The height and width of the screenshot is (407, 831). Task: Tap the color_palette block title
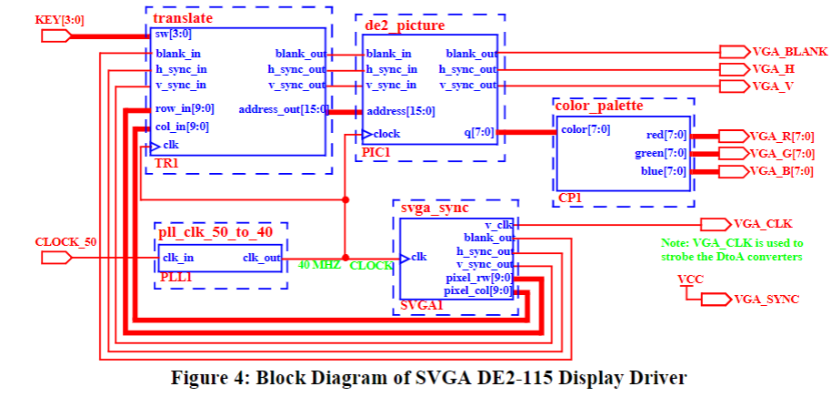pyautogui.click(x=598, y=106)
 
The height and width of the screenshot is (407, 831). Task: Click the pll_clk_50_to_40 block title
pyautogui.click(x=215, y=231)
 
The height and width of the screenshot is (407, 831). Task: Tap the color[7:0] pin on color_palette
pyautogui.click(x=586, y=128)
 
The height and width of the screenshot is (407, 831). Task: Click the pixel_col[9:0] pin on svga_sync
pyautogui.click(x=478, y=291)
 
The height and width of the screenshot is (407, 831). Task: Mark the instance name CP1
pyautogui.click(x=569, y=197)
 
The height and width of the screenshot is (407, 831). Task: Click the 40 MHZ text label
pyautogui.click(x=320, y=266)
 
